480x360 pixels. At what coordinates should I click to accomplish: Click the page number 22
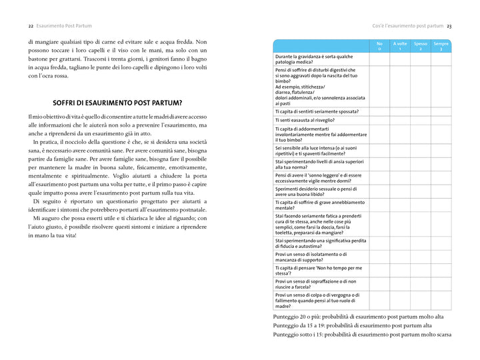31,26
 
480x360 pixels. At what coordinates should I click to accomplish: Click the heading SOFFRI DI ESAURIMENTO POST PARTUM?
117,103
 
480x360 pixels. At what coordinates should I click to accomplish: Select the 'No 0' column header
379,46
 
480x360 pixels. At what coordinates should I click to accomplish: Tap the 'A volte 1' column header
400,46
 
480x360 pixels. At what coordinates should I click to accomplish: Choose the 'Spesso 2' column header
421,46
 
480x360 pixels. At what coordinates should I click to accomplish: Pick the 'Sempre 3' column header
441,46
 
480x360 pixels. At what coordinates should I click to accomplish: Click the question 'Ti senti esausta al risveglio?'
307,121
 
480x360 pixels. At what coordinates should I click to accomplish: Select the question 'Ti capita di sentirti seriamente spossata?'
317,111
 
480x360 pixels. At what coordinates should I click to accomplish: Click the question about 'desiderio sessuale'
313,192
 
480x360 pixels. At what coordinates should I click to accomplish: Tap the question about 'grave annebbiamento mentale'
320,205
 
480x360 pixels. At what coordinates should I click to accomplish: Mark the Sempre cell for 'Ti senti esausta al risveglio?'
441,121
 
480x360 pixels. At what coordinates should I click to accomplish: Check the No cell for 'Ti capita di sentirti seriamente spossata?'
379,111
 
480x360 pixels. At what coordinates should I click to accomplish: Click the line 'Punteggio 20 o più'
358,317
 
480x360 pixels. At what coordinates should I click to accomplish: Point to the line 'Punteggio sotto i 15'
362,334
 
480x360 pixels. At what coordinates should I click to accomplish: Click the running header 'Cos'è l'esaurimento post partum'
407,26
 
